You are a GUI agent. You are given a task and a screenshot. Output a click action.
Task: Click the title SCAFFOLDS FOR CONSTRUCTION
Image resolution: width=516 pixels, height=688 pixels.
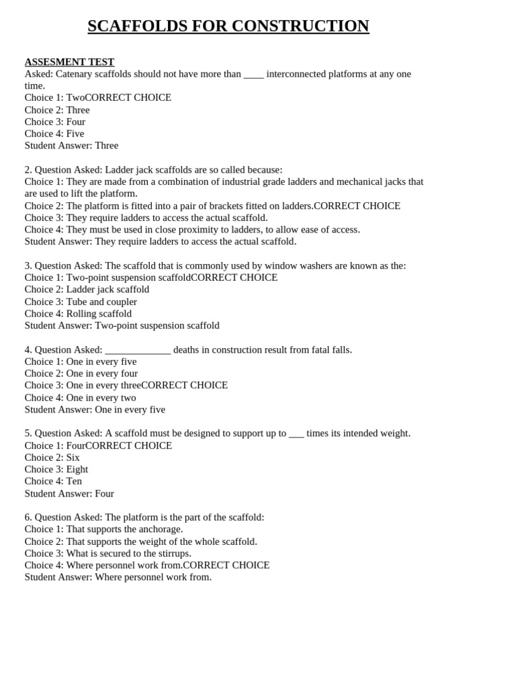tap(228, 26)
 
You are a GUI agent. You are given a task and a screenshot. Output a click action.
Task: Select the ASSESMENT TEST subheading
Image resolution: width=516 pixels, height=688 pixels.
tap(69, 62)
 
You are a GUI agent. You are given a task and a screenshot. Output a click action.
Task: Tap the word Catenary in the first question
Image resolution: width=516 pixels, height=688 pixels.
tap(75, 74)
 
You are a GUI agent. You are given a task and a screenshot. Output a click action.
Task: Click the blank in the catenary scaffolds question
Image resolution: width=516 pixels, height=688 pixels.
tap(253, 75)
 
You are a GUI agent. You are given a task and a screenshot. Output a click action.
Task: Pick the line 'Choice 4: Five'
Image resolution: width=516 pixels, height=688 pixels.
tap(54, 134)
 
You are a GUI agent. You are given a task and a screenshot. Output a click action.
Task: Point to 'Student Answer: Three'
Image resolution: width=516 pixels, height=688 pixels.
tap(71, 146)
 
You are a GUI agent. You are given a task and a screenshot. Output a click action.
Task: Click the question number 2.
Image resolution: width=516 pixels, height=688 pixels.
tap(28, 170)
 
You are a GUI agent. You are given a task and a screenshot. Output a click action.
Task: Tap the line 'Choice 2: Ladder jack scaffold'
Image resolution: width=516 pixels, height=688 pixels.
tap(87, 290)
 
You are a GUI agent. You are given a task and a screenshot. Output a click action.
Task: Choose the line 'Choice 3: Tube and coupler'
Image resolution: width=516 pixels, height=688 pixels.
tap(81, 302)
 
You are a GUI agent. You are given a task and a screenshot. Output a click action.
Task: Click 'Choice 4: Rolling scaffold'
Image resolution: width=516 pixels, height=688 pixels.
tap(78, 314)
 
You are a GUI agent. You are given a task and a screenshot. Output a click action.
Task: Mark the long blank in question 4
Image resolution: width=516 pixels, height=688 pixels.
tap(138, 350)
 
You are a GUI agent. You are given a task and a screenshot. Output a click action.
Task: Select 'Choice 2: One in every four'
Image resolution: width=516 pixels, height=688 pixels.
tap(81, 374)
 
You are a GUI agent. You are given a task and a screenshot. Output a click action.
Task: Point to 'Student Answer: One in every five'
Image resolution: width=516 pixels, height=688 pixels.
tap(95, 410)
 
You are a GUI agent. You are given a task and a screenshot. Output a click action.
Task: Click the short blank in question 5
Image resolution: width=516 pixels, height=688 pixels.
tap(296, 434)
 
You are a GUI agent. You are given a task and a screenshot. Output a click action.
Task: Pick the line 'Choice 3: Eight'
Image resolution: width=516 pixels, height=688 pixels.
tap(56, 470)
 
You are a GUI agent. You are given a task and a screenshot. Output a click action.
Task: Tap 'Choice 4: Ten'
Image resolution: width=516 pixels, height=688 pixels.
tap(53, 481)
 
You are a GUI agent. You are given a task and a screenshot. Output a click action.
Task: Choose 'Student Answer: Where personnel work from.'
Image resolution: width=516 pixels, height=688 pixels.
tap(118, 577)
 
